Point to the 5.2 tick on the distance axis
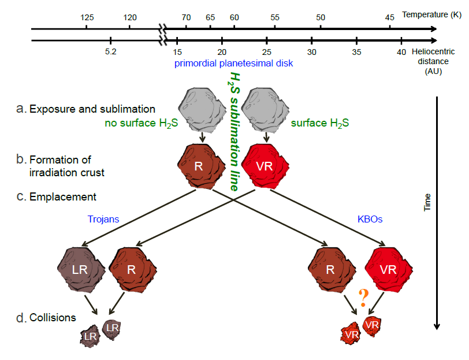[x=110, y=40]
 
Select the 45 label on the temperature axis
[x=390, y=18]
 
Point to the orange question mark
[x=363, y=298]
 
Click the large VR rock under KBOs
[x=388, y=269]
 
